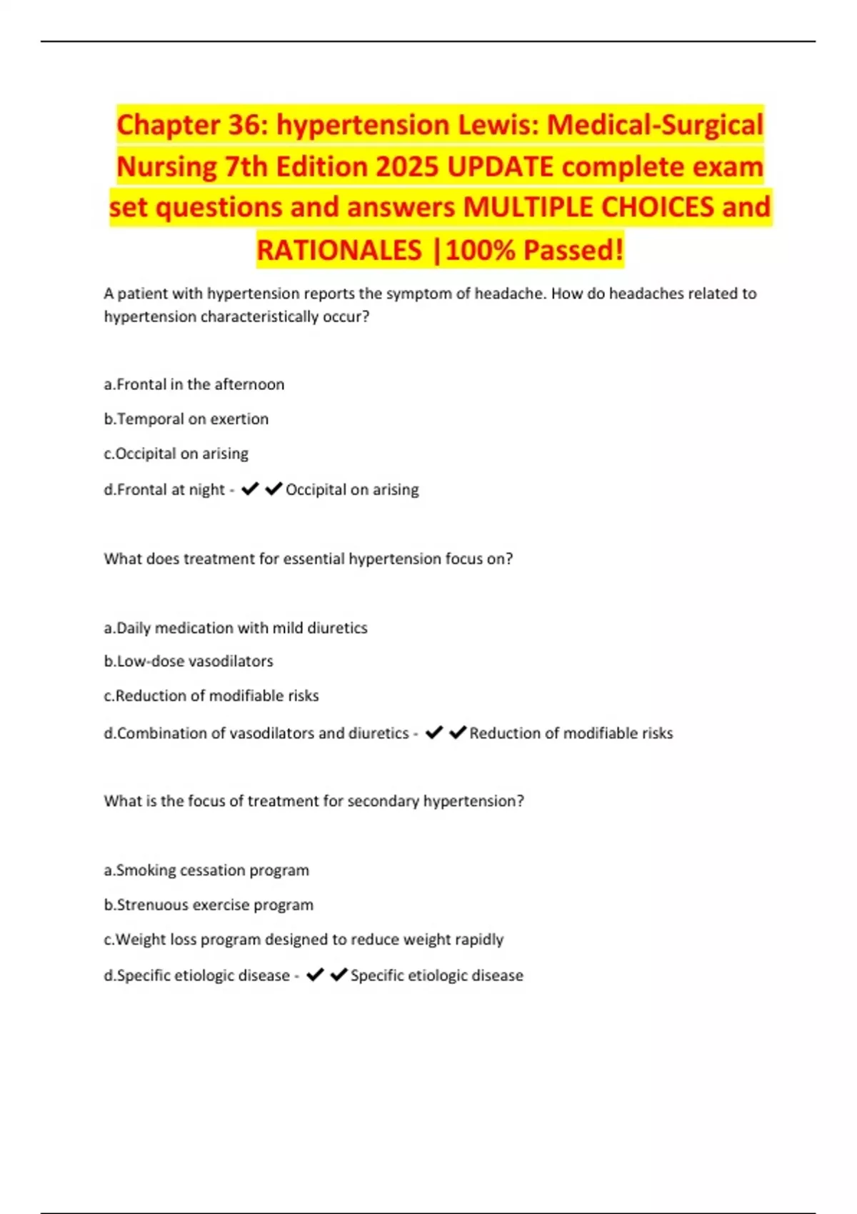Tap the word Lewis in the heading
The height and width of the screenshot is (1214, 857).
click(x=497, y=125)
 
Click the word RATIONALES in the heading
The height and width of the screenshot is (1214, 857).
click(x=339, y=250)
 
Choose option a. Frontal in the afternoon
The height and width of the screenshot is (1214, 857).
click(x=194, y=384)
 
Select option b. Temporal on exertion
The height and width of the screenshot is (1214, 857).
click(x=186, y=419)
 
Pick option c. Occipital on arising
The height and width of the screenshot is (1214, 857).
click(x=176, y=453)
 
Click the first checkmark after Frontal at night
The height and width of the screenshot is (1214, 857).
click(x=249, y=489)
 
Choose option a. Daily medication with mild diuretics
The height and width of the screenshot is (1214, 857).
click(x=236, y=628)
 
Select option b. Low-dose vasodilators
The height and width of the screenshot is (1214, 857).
click(x=189, y=661)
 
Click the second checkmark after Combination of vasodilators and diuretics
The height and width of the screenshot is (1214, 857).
click(x=458, y=733)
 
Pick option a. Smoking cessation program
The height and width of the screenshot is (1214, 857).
click(x=206, y=870)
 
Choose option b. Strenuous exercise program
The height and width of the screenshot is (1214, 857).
click(x=209, y=905)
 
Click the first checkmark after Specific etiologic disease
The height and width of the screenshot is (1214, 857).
click(x=314, y=975)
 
